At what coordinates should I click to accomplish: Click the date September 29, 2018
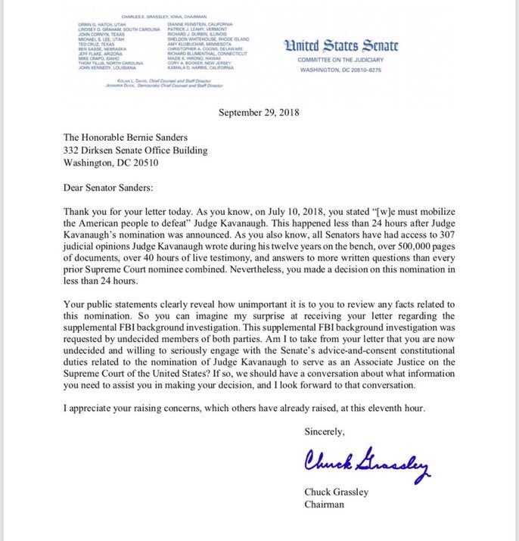pos(259,113)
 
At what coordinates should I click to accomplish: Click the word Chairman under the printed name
pos(324,504)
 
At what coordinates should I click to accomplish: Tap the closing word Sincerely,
pos(323,433)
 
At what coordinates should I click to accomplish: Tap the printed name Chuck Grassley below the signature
pos(336,492)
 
